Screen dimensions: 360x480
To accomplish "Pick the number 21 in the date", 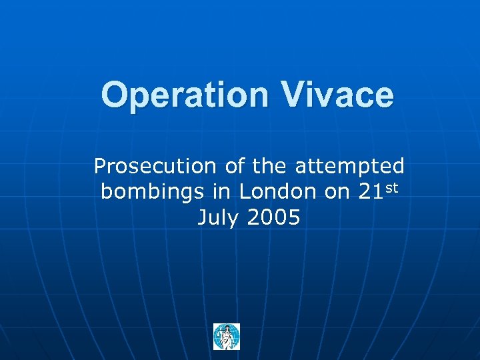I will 371,192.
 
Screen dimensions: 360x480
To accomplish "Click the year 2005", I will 275,218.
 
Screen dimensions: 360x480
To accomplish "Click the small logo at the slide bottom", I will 227,337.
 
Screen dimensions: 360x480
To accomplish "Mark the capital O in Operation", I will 114,95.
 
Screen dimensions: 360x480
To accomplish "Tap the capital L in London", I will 245,192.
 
